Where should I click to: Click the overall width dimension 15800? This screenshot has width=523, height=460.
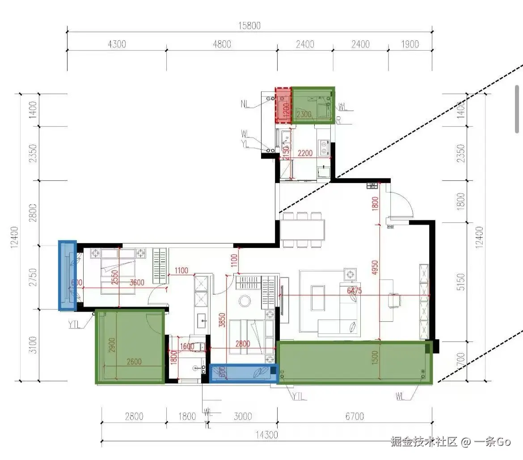249,26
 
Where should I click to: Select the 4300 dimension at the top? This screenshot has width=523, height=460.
117,44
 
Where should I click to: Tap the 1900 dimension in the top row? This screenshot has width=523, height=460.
410,44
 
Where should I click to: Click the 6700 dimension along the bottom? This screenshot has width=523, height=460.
354,417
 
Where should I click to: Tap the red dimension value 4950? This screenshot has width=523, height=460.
375,269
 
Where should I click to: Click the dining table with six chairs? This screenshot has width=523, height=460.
303,230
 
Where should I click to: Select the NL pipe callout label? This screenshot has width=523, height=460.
245,104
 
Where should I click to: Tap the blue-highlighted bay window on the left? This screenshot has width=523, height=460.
67,275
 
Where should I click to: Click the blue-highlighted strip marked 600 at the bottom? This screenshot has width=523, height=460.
244,373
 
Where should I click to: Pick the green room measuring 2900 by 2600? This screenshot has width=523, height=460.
130,347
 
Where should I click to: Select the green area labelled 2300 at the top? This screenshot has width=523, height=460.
313,106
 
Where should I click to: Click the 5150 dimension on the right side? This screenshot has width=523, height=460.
462,282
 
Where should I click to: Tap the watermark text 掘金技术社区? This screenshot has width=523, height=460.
424,442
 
